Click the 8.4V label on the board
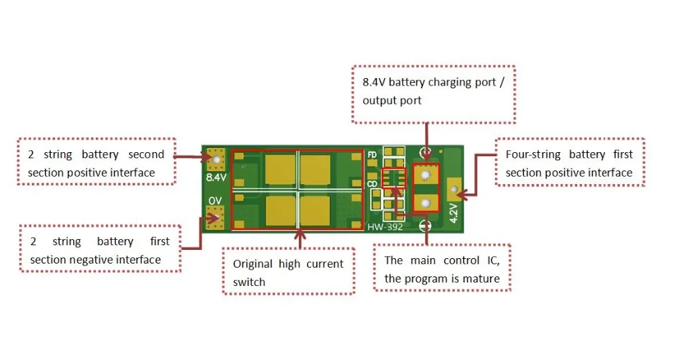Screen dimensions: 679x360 [x=216, y=177]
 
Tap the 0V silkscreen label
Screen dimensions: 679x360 [x=215, y=200]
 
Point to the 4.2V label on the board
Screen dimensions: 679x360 [x=453, y=213]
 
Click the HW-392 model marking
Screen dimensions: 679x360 [x=385, y=227]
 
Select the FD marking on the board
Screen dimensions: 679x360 [x=372, y=155]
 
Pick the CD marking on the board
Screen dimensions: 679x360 [x=372, y=183]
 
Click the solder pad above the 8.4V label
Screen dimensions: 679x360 [x=216, y=160]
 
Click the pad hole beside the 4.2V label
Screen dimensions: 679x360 [x=454, y=190]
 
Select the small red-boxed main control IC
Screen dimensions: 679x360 [x=394, y=177]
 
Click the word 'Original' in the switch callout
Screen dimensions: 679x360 [x=253, y=264]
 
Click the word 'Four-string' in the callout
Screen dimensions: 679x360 [x=533, y=155]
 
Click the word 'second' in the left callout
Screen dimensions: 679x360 [x=146, y=155]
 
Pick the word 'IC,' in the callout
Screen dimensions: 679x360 [x=494, y=260]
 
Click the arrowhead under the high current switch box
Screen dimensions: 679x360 [x=299, y=235]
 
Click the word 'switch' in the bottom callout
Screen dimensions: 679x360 [x=249, y=282]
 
